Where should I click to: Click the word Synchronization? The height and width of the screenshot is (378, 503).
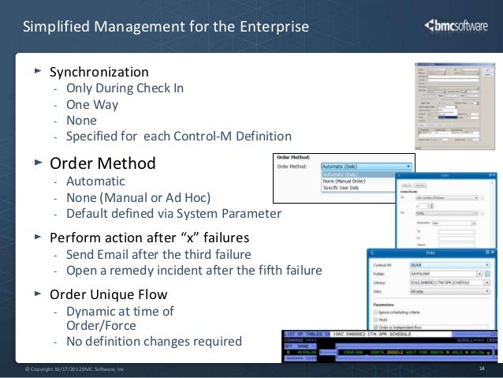tap(99, 72)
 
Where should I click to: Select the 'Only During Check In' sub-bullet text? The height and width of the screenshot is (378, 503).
tap(125, 88)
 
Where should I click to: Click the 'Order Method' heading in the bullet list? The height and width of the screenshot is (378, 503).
tap(102, 164)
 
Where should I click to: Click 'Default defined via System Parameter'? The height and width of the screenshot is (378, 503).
tap(173, 213)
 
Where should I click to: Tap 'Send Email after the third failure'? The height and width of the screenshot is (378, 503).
tap(158, 254)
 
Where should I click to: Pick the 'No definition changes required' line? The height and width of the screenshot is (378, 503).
tap(154, 342)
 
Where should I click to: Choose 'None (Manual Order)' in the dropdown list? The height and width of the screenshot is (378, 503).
tap(347, 182)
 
